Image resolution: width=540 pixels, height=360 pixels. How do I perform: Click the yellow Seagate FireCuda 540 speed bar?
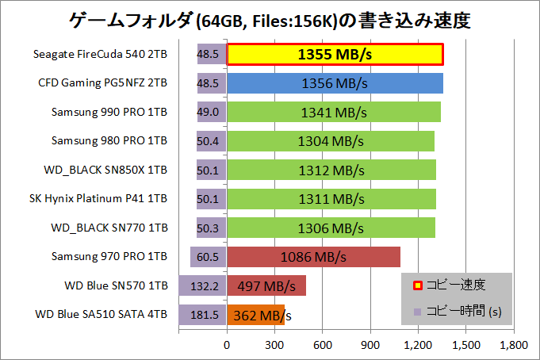[335, 55]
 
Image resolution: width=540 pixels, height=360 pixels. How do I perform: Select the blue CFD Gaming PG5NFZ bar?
[335, 83]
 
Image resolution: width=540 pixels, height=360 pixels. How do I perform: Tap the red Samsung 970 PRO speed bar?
[314, 257]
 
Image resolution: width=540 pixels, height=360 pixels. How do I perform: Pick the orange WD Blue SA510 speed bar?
[256, 315]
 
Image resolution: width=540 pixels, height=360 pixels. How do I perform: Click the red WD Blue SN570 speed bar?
[266, 286]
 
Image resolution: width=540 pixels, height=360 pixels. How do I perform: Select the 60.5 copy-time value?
[210, 257]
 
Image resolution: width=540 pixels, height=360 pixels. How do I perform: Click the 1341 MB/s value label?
[332, 113]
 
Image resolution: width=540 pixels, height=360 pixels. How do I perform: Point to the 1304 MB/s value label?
[332, 141]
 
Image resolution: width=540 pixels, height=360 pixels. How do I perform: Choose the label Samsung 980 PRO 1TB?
[109, 141]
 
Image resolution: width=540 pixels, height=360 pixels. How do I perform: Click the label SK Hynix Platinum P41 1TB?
[92, 199]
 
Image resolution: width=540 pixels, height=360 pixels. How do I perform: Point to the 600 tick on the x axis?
[323, 346]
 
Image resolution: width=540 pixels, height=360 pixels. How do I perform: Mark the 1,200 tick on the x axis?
[418, 346]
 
